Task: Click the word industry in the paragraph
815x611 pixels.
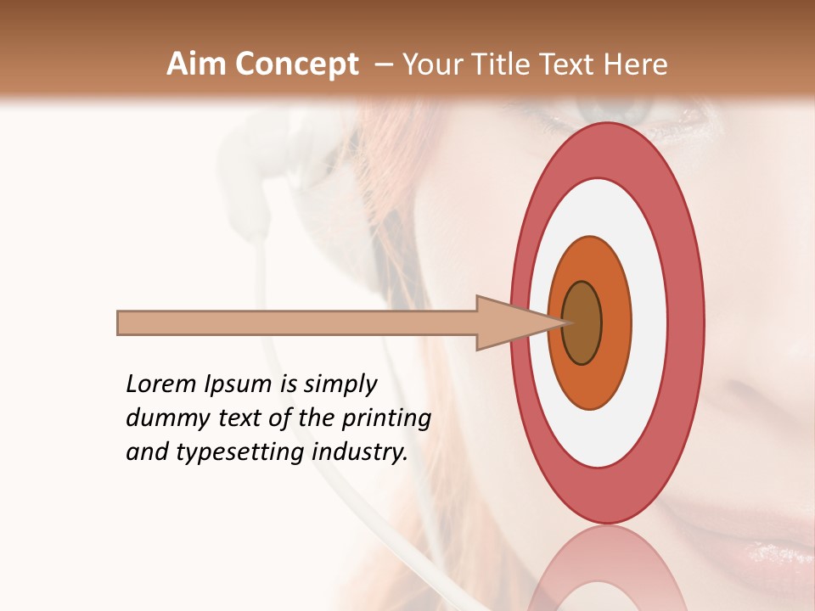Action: click(x=360, y=453)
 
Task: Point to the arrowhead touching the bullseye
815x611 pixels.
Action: click(x=509, y=322)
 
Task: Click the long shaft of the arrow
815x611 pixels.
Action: click(x=297, y=322)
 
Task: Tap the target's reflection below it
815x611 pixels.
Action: click(x=606, y=569)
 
